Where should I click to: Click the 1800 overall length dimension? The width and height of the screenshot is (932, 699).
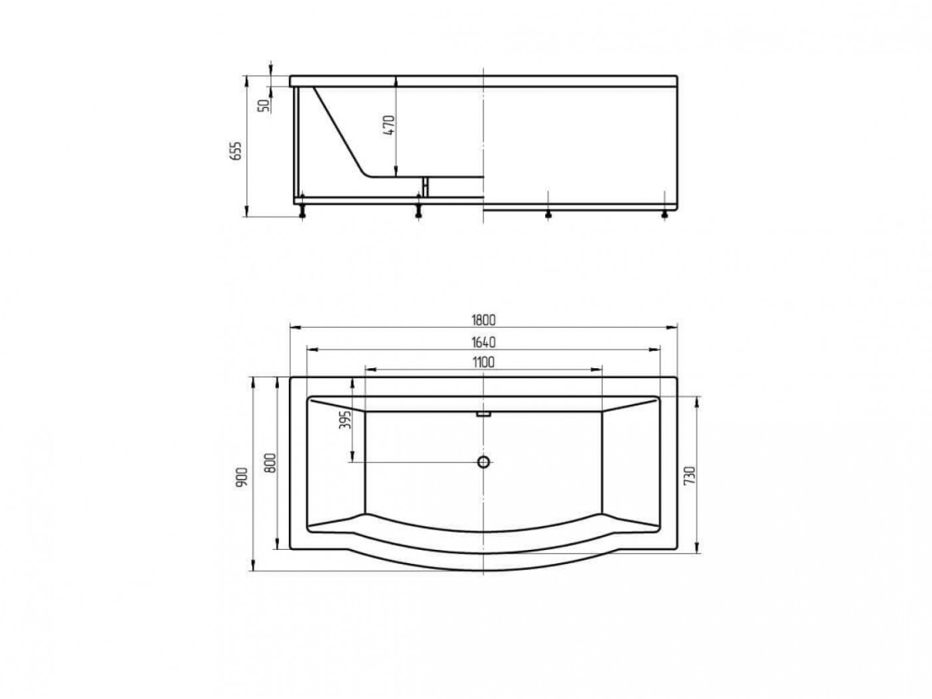[484, 320]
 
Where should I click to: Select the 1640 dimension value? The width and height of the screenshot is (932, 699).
[484, 342]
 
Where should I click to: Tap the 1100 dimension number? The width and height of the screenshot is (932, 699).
[484, 363]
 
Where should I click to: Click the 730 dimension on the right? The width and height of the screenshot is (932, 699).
[690, 475]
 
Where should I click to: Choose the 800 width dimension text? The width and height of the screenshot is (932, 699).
[271, 463]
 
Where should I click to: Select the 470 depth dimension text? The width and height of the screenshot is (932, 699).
[389, 125]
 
